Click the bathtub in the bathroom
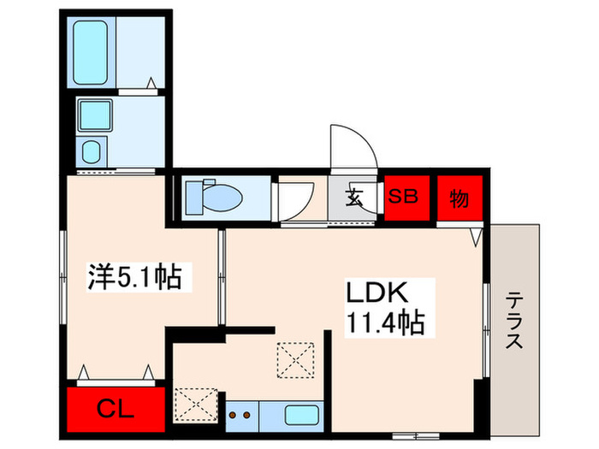(x=93, y=52)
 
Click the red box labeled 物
(x=459, y=198)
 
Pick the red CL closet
(x=115, y=409)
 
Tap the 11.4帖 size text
(x=385, y=324)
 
